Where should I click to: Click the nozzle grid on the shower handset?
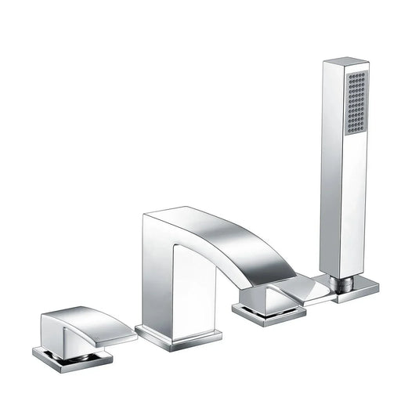click(356, 103)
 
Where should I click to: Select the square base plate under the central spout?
click(178, 334)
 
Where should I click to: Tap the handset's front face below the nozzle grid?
click(355, 204)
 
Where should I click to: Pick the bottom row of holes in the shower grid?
click(356, 132)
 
